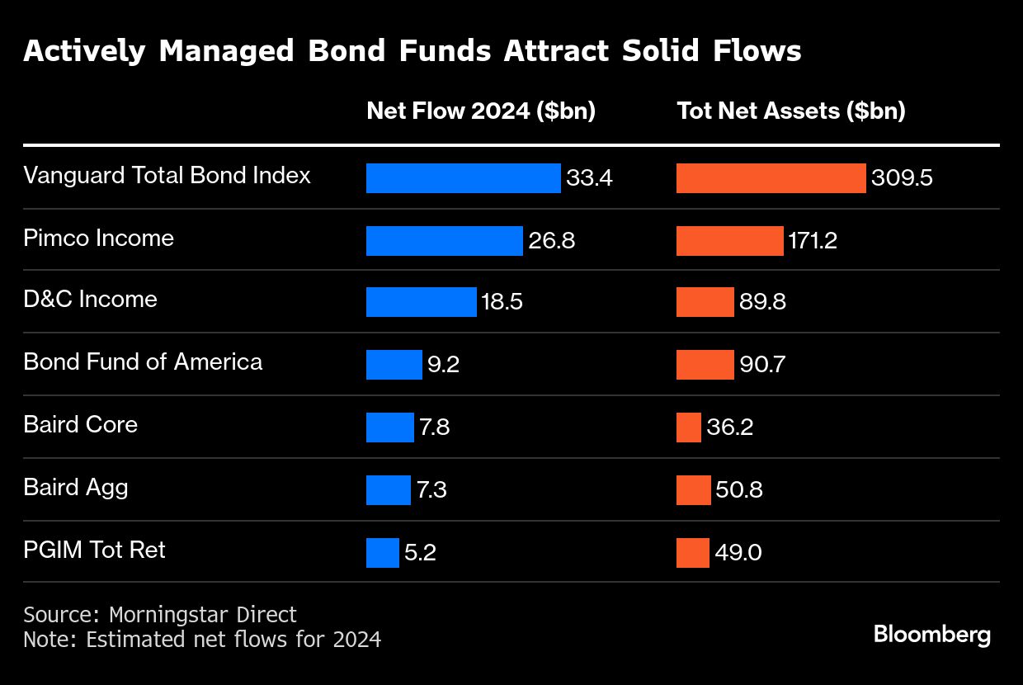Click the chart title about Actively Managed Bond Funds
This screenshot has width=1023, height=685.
[x=412, y=51]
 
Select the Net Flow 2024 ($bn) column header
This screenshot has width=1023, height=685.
[x=481, y=111]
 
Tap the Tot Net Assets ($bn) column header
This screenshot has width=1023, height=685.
[x=790, y=111]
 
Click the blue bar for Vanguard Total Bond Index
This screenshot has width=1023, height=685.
[x=463, y=177]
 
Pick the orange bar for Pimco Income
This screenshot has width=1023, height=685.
[x=729, y=240]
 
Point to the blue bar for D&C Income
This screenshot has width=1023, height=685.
[x=421, y=302]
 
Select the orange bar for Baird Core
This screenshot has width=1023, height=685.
[x=688, y=427]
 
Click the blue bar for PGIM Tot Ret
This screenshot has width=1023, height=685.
[x=382, y=552]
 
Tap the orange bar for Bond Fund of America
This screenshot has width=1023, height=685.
[x=705, y=364]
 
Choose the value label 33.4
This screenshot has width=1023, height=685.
[x=589, y=178]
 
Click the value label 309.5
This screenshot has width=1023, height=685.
[x=902, y=178]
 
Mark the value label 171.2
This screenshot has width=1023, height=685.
[x=813, y=240]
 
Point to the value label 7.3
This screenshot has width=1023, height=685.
[x=431, y=490]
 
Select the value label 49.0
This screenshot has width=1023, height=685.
[x=738, y=552]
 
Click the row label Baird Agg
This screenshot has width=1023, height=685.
[x=76, y=488]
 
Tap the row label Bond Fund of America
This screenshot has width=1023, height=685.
[x=143, y=362]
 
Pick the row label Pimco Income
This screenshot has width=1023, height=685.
[x=98, y=239]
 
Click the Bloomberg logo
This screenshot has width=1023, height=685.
[x=931, y=635]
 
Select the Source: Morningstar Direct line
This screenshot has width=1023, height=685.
[x=160, y=615]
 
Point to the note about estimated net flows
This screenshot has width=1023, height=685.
[x=202, y=639]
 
